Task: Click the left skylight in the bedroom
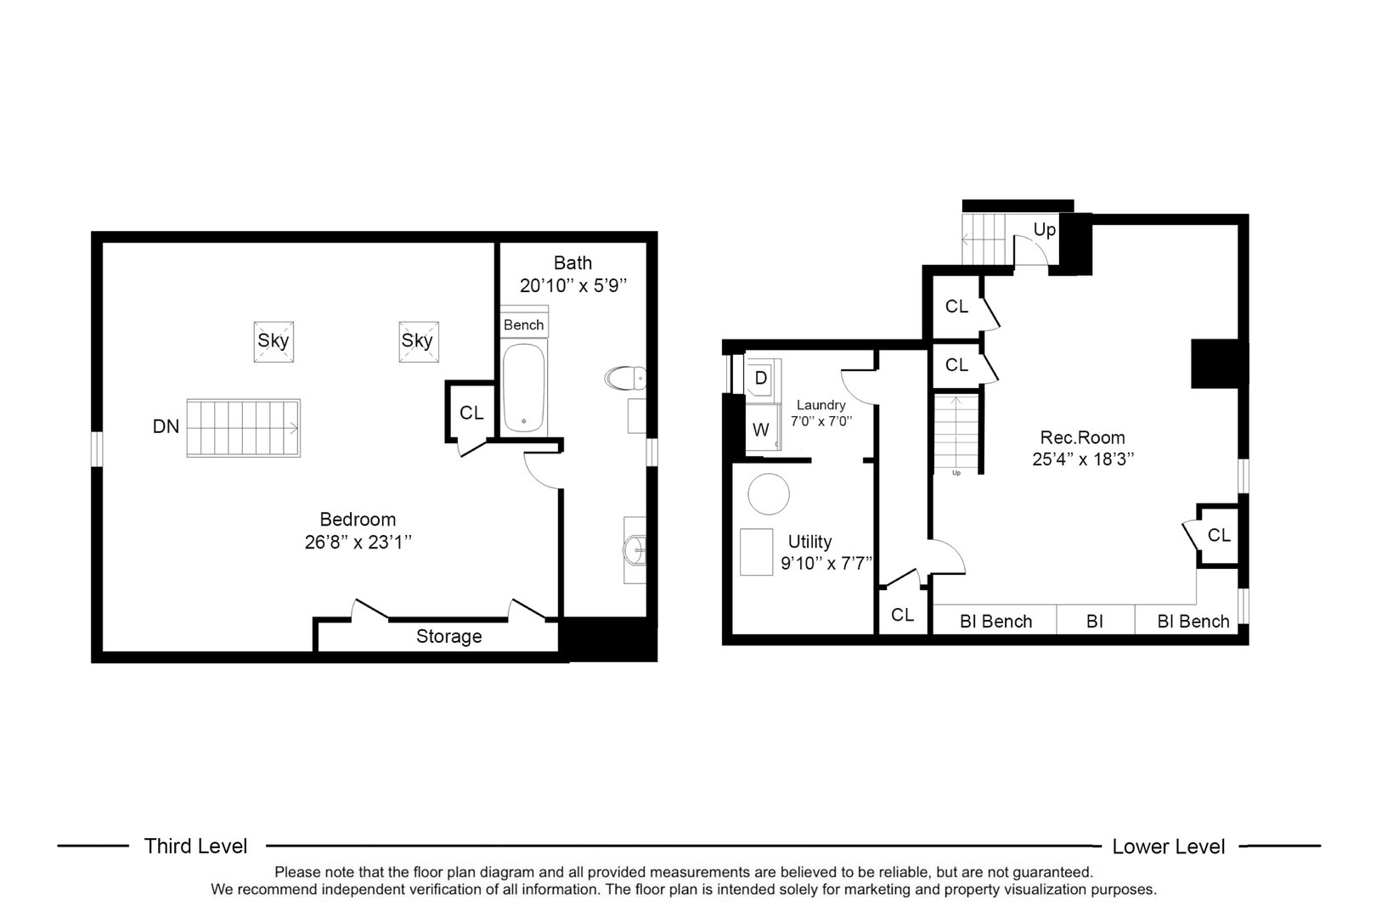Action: coord(274,341)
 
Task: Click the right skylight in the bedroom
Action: coord(417,341)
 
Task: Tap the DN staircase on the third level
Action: coord(243,429)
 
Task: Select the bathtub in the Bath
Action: coord(523,388)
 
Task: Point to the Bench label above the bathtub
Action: coord(523,324)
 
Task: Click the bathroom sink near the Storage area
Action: coord(634,549)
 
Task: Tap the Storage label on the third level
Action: coord(448,637)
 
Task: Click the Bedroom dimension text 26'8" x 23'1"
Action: coord(358,542)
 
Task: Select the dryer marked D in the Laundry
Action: coord(760,377)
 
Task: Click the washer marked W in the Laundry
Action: coord(760,430)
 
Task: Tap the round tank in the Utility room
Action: coord(769,493)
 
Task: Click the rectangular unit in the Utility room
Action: coord(756,552)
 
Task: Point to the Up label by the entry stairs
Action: coord(1044,230)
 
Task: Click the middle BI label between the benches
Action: coord(1094,622)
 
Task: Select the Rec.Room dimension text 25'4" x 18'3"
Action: coord(1082,459)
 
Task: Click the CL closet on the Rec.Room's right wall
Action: coord(1219,536)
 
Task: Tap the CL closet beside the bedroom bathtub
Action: coord(471,413)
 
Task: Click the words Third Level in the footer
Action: coord(195,846)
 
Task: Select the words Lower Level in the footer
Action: coord(1168,846)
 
